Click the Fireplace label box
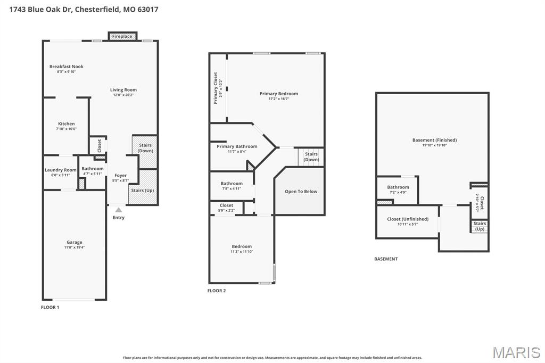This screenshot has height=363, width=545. (122, 36)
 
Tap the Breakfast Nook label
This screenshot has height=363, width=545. (67, 67)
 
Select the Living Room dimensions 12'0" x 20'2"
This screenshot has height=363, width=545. (123, 95)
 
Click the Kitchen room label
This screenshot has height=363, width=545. (67, 123)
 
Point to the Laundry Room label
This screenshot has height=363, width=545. (61, 170)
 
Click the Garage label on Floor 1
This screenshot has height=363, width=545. (75, 242)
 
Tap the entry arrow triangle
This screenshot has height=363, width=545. (119, 210)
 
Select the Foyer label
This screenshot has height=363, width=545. (121, 175)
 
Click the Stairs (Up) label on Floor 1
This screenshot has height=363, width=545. (143, 190)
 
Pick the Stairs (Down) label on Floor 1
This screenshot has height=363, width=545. (145, 148)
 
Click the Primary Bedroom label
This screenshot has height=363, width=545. (279, 94)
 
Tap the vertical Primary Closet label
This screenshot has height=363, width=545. (216, 88)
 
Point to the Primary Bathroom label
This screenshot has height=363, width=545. (237, 146)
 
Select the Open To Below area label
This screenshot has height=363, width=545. (301, 192)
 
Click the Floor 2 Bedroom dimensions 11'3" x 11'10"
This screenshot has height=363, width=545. (242, 252)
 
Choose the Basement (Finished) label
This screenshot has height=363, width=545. (434, 140)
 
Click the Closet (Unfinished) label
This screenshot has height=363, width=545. (408, 219)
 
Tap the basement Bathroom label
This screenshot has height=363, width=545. (398, 187)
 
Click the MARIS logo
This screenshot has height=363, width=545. (516, 352)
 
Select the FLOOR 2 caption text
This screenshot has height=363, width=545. (217, 291)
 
